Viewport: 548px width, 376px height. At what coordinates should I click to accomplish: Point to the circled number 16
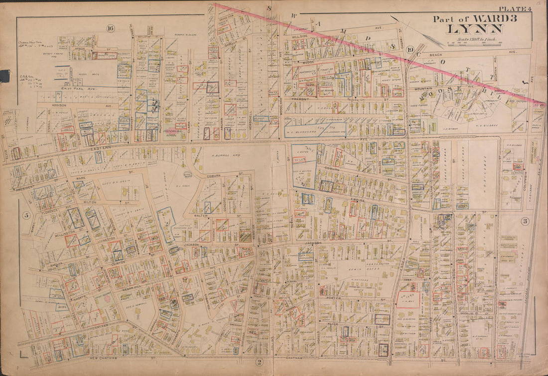(x=110, y=28)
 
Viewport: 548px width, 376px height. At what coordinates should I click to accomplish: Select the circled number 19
(x=410, y=49)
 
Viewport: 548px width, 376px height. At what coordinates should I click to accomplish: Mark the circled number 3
(x=525, y=221)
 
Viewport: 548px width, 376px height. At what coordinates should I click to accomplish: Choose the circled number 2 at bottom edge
(x=259, y=362)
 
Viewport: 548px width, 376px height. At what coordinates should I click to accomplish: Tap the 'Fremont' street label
(x=303, y=99)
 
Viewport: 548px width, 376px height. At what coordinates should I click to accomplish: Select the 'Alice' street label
(x=332, y=323)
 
